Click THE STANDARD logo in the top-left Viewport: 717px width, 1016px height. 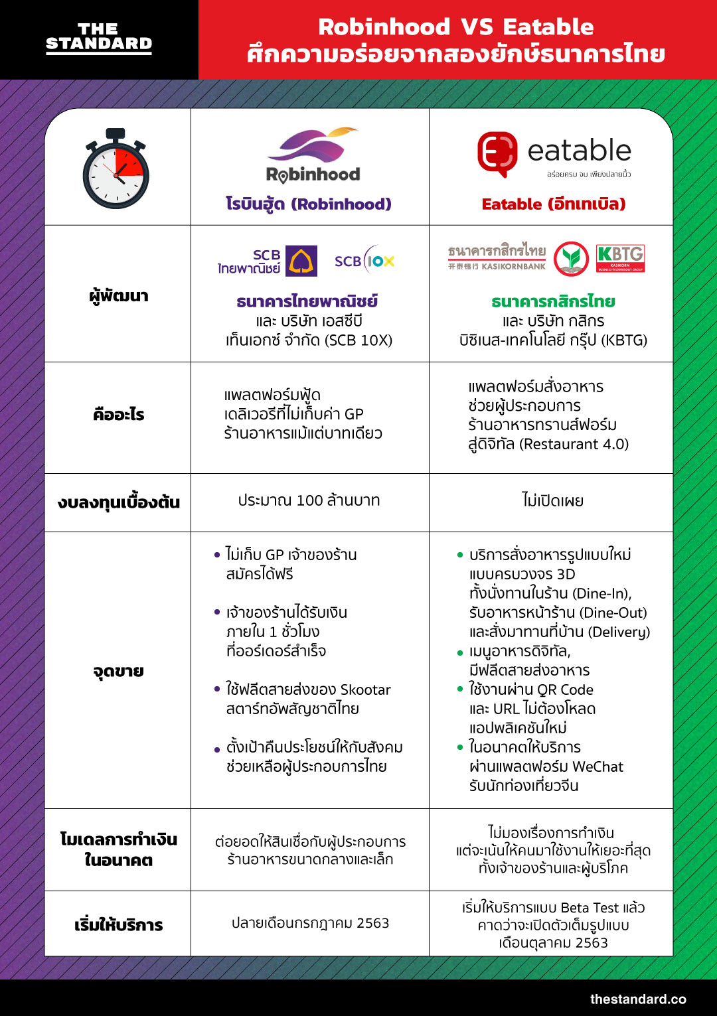pos(99,38)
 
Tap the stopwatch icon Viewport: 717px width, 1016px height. pos(116,170)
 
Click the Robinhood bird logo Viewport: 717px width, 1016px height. pos(313,145)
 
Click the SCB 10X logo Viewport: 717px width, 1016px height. pos(364,261)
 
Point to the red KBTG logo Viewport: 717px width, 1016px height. pos(620,258)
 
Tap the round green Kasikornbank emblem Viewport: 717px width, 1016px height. pos(571,258)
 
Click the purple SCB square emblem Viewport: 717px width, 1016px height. pos(301,261)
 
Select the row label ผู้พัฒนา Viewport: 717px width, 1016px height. pos(119,295)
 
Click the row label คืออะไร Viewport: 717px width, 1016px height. pos(119,415)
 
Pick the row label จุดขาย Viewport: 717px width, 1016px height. pos(119,671)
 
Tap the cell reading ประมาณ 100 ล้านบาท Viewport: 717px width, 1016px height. pos(309,500)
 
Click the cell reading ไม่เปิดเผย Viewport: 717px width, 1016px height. pos(552,500)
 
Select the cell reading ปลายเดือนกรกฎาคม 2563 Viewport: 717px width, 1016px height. pos(310,923)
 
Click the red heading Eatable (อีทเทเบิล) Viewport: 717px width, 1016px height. pos(554,204)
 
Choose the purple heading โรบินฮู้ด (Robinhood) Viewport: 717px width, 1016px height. pos(309,204)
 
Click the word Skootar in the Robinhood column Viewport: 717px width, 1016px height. pos(365,689)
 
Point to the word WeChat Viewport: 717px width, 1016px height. pos(597,766)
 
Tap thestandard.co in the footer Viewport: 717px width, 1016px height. pos(638,999)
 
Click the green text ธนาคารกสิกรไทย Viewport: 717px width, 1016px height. pos(553,301)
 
